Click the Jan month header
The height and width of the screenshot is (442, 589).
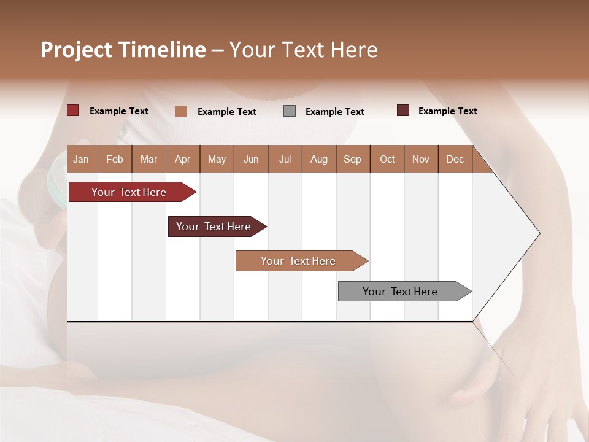(82, 159)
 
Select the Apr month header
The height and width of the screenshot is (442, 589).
(183, 159)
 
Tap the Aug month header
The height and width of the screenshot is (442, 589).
(319, 159)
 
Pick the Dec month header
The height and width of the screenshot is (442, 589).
(455, 159)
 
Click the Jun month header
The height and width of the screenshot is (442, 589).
(251, 159)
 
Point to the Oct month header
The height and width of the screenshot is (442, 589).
(387, 159)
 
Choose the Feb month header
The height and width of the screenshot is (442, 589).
(115, 159)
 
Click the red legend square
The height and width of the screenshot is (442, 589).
(73, 110)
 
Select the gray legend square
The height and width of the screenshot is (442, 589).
(290, 111)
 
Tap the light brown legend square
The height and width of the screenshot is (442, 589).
(181, 111)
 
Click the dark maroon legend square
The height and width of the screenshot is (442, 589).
(403, 110)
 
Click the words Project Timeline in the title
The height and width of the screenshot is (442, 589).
(123, 50)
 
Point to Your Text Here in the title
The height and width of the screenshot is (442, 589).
(304, 50)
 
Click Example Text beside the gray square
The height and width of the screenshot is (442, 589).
(335, 112)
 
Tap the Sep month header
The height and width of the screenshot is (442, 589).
(353, 159)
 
